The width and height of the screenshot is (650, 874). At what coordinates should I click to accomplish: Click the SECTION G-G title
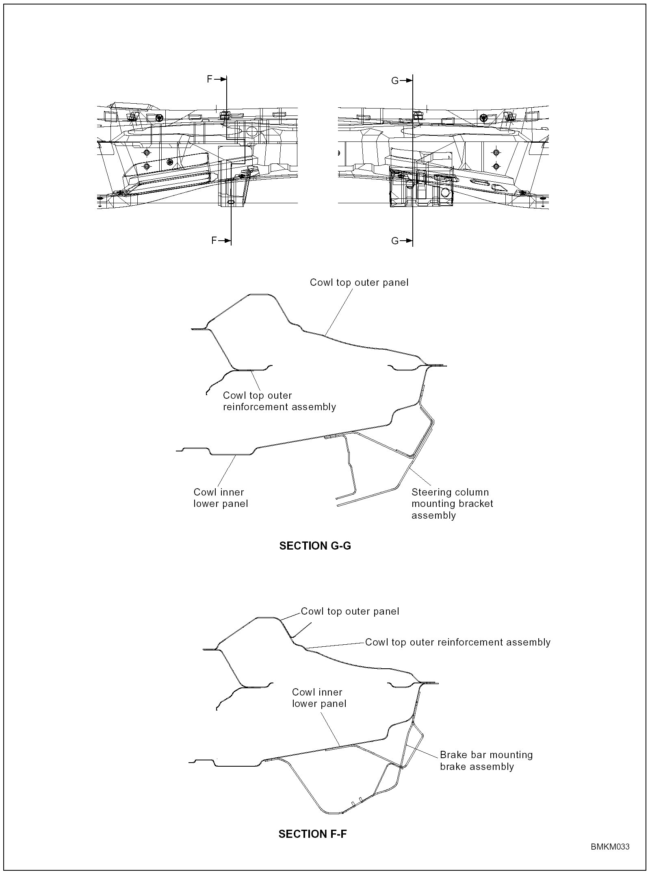(315, 546)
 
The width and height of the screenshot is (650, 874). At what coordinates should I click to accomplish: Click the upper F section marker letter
(210, 79)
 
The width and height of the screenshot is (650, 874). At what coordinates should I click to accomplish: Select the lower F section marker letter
(214, 241)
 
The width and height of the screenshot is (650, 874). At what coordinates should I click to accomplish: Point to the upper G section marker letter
(395, 81)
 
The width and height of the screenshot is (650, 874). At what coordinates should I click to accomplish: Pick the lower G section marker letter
(395, 241)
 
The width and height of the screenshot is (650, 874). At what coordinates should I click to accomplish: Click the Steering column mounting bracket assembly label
(452, 504)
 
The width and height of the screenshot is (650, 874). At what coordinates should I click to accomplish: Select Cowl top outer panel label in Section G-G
(359, 283)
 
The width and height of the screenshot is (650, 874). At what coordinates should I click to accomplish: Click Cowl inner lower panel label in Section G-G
(221, 498)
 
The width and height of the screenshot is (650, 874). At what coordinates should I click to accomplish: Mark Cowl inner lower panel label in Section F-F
(319, 698)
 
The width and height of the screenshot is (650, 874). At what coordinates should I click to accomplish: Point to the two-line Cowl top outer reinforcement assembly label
(279, 401)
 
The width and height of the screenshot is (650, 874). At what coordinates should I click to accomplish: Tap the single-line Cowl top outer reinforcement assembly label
(458, 642)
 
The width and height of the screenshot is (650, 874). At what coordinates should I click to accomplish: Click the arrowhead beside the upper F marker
(222, 79)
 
